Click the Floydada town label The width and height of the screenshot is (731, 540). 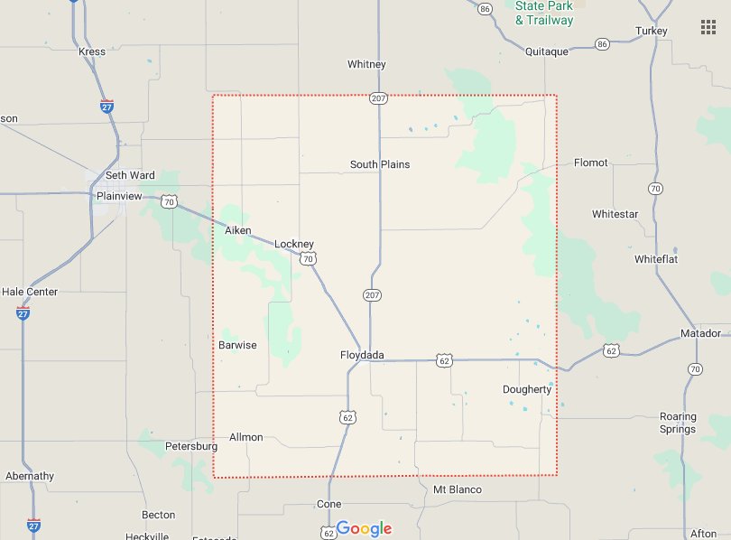click(362, 355)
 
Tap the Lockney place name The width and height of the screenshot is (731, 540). click(293, 244)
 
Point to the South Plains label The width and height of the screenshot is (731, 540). click(380, 164)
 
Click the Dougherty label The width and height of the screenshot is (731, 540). click(527, 389)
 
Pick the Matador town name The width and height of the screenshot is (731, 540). click(700, 333)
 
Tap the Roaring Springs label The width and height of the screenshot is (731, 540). click(678, 423)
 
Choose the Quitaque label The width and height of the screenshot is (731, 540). click(547, 51)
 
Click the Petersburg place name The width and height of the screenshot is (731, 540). click(191, 446)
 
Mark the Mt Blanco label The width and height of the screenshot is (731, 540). click(458, 489)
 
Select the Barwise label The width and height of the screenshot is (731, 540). click(237, 345)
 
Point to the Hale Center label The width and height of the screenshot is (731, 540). click(30, 292)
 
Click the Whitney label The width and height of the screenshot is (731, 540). click(366, 64)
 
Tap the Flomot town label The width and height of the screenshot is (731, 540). click(591, 163)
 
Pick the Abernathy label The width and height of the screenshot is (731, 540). click(30, 476)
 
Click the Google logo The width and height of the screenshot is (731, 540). click(365, 528)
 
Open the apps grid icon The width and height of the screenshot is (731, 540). click(708, 27)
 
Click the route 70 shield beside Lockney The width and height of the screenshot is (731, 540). click(309, 259)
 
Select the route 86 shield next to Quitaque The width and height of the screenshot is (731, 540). click(602, 43)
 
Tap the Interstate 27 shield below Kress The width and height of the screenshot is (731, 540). click(107, 105)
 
